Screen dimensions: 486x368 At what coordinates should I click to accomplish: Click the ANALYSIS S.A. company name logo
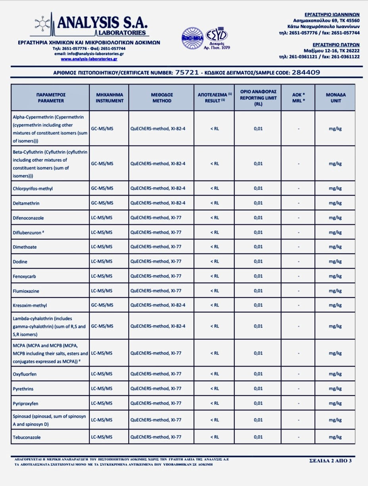(x=102, y=23)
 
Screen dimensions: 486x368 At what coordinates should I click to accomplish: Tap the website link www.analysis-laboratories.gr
(x=89, y=59)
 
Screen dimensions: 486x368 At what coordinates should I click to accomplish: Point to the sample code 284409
(x=306, y=72)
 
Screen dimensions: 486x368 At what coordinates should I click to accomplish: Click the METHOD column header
(x=162, y=98)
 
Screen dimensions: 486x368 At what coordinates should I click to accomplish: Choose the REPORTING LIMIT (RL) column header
(x=258, y=98)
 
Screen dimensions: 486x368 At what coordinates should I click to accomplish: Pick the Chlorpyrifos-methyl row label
(x=33, y=188)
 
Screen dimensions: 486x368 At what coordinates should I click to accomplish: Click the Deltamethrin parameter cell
(x=26, y=203)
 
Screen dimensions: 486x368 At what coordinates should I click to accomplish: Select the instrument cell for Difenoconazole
(x=102, y=217)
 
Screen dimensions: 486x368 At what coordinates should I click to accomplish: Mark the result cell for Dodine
(x=214, y=261)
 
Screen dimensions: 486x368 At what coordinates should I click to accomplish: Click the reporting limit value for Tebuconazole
(x=258, y=437)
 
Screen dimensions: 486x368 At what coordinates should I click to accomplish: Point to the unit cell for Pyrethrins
(x=335, y=389)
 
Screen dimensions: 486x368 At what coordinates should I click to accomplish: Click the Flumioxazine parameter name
(x=26, y=291)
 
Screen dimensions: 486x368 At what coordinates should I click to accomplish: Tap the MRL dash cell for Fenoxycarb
(x=298, y=276)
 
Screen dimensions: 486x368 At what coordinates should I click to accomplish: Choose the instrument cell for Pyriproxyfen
(x=102, y=403)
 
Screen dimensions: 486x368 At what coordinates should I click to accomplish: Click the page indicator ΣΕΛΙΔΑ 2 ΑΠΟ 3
(x=330, y=461)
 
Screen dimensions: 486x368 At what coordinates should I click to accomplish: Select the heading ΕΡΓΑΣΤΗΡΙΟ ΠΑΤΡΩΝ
(x=336, y=45)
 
